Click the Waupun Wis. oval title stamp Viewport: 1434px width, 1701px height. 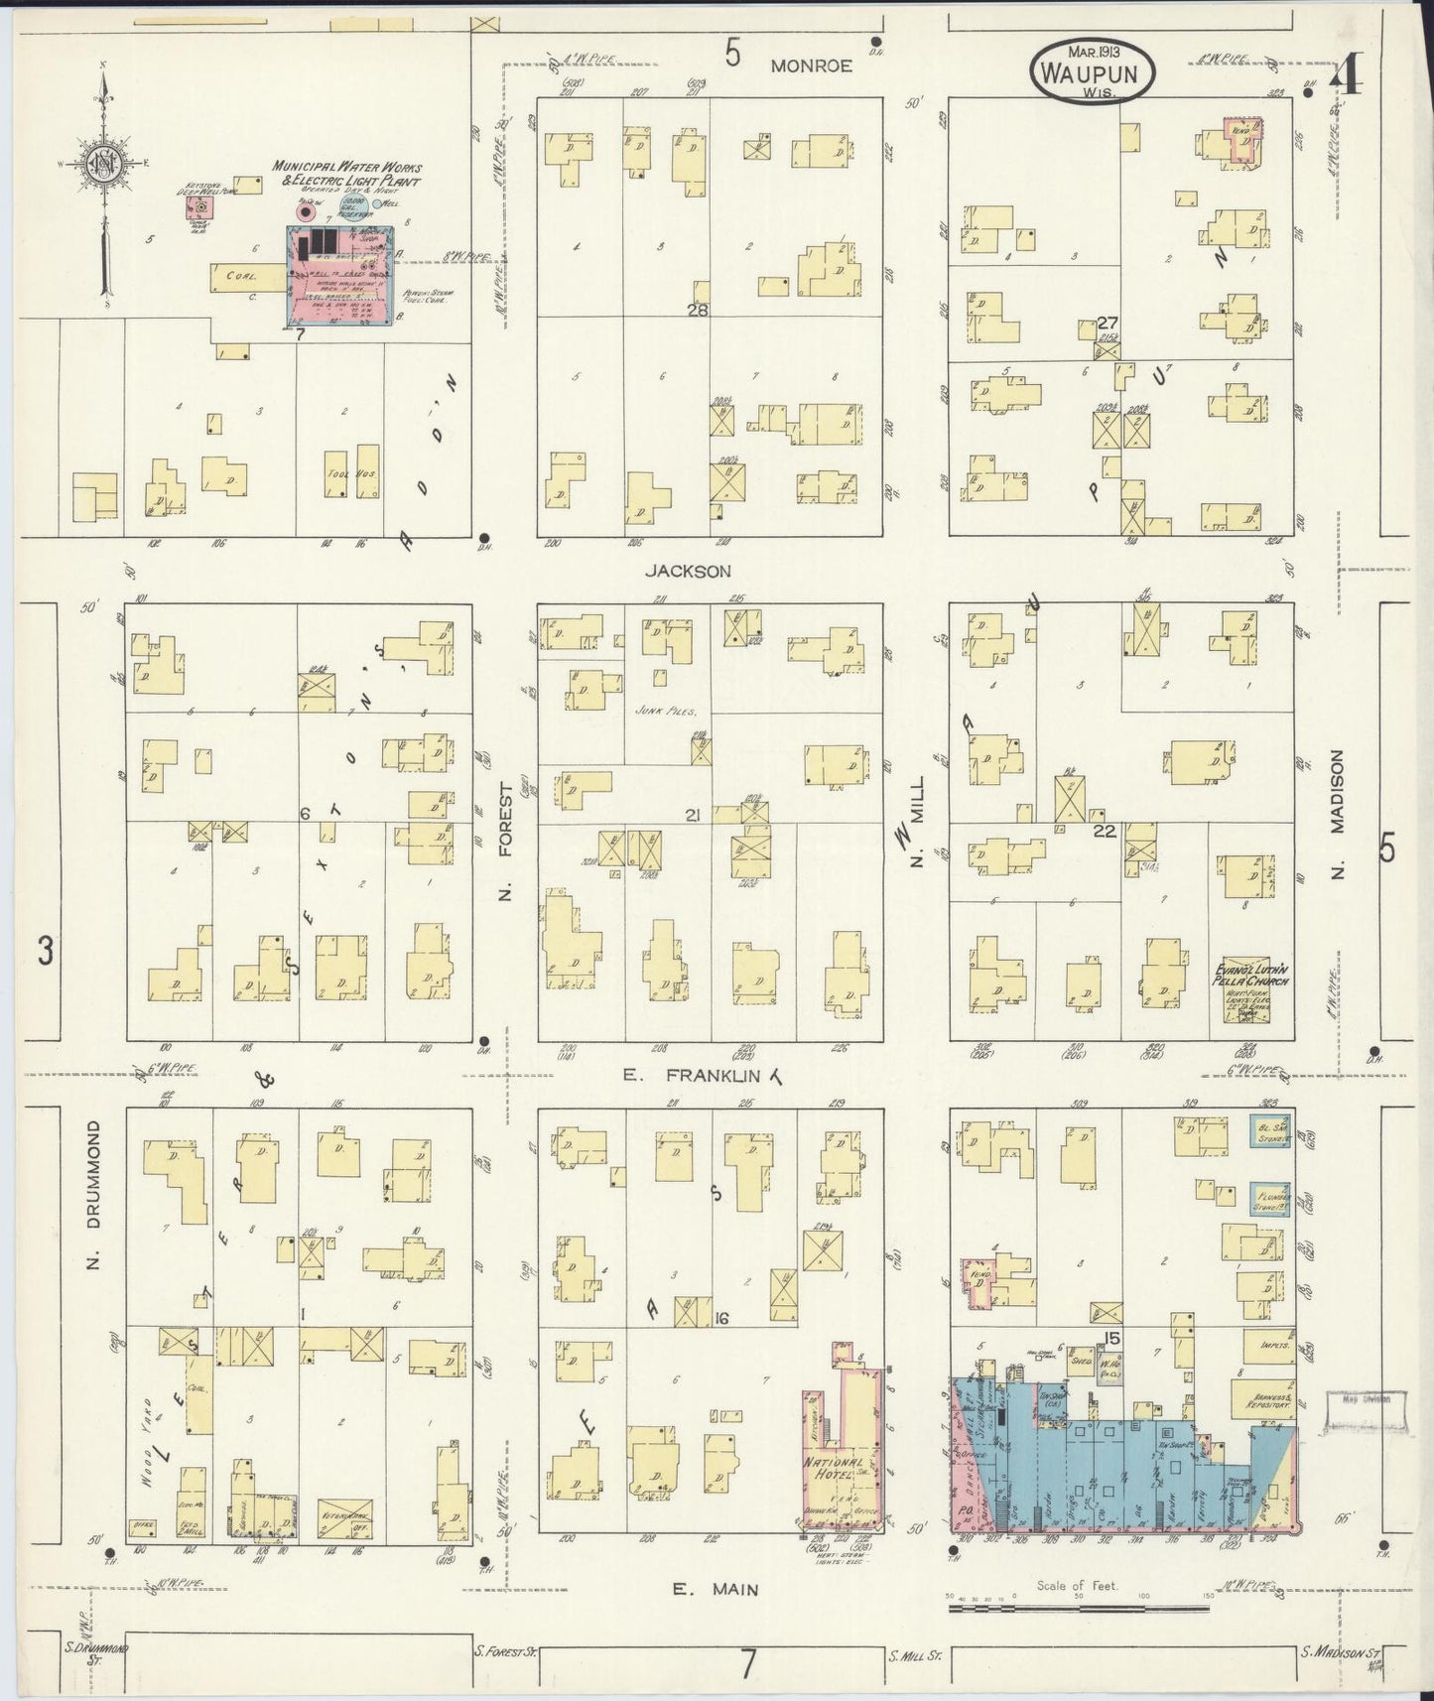(1097, 71)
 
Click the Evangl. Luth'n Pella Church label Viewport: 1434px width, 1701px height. (1253, 974)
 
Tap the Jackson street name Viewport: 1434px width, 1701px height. (688, 571)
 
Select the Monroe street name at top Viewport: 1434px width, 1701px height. (812, 65)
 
